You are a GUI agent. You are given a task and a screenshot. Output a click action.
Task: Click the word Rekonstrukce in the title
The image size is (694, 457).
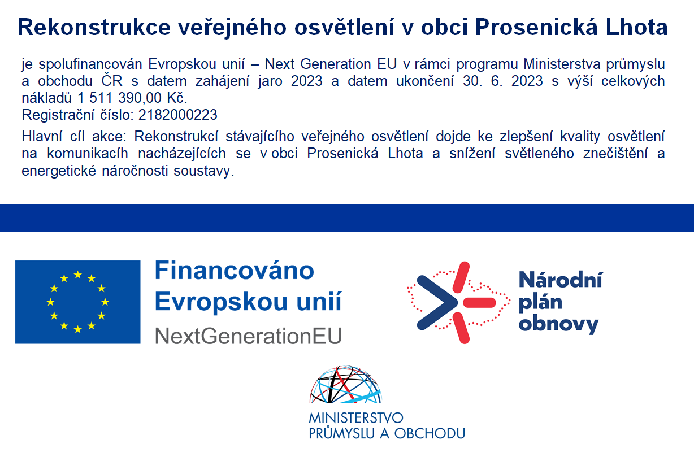pos(94,27)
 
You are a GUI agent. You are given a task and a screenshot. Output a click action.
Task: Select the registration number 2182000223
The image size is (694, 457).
pos(178,115)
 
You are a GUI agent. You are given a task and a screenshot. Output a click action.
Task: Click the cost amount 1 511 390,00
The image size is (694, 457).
pos(119,98)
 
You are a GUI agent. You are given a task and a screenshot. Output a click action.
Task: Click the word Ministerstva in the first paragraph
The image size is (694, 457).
pos(562,64)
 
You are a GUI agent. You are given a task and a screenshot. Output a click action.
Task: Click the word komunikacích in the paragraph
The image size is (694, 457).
pos(88,154)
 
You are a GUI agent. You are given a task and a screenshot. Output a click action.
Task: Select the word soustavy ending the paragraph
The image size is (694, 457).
pos(203,171)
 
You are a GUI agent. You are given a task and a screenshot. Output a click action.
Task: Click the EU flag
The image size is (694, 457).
pos(78,302)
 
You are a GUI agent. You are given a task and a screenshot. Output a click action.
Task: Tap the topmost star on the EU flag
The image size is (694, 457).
pos(78,275)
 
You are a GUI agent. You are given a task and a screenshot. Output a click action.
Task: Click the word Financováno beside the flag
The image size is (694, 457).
pos(234,271)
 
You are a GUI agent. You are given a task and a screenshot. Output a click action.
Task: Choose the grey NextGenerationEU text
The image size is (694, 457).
pos(248,336)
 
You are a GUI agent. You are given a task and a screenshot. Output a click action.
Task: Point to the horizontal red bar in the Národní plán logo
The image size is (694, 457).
pos(479,302)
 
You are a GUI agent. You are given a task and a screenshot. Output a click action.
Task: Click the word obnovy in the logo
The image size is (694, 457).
pos(558,324)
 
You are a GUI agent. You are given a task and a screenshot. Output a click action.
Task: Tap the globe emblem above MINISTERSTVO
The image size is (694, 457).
pos(345,385)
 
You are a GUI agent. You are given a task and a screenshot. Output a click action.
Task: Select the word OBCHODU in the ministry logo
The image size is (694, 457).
pos(430,434)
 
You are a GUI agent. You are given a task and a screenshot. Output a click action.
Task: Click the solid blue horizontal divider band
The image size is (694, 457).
pos(347,217)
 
